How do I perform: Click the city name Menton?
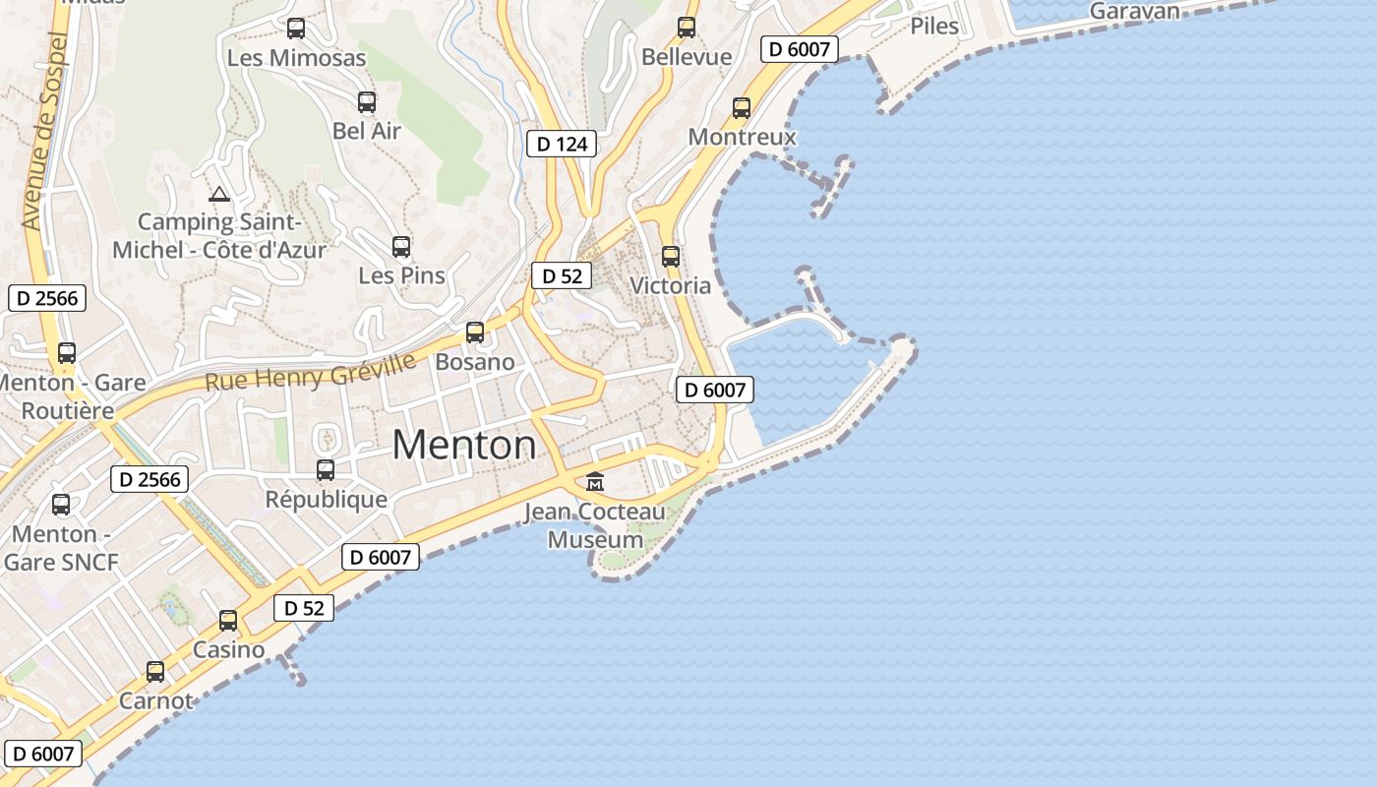click(464, 446)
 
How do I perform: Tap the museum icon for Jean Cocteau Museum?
click(595, 482)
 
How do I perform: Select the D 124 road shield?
click(563, 145)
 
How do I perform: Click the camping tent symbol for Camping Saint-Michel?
click(218, 195)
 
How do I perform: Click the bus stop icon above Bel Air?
click(367, 102)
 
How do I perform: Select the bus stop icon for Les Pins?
click(401, 247)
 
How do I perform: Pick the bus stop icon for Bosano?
click(475, 333)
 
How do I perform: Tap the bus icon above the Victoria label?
click(671, 257)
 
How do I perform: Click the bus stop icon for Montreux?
click(742, 108)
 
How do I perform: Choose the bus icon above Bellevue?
click(687, 28)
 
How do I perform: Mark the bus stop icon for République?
click(326, 470)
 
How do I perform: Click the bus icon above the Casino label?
click(228, 621)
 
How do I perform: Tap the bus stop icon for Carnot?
click(155, 672)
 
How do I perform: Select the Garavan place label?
click(1135, 12)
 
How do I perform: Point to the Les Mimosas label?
click(296, 58)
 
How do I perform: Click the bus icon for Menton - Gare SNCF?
click(61, 505)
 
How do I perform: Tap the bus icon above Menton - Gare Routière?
click(67, 353)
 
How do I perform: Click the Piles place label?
click(934, 27)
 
